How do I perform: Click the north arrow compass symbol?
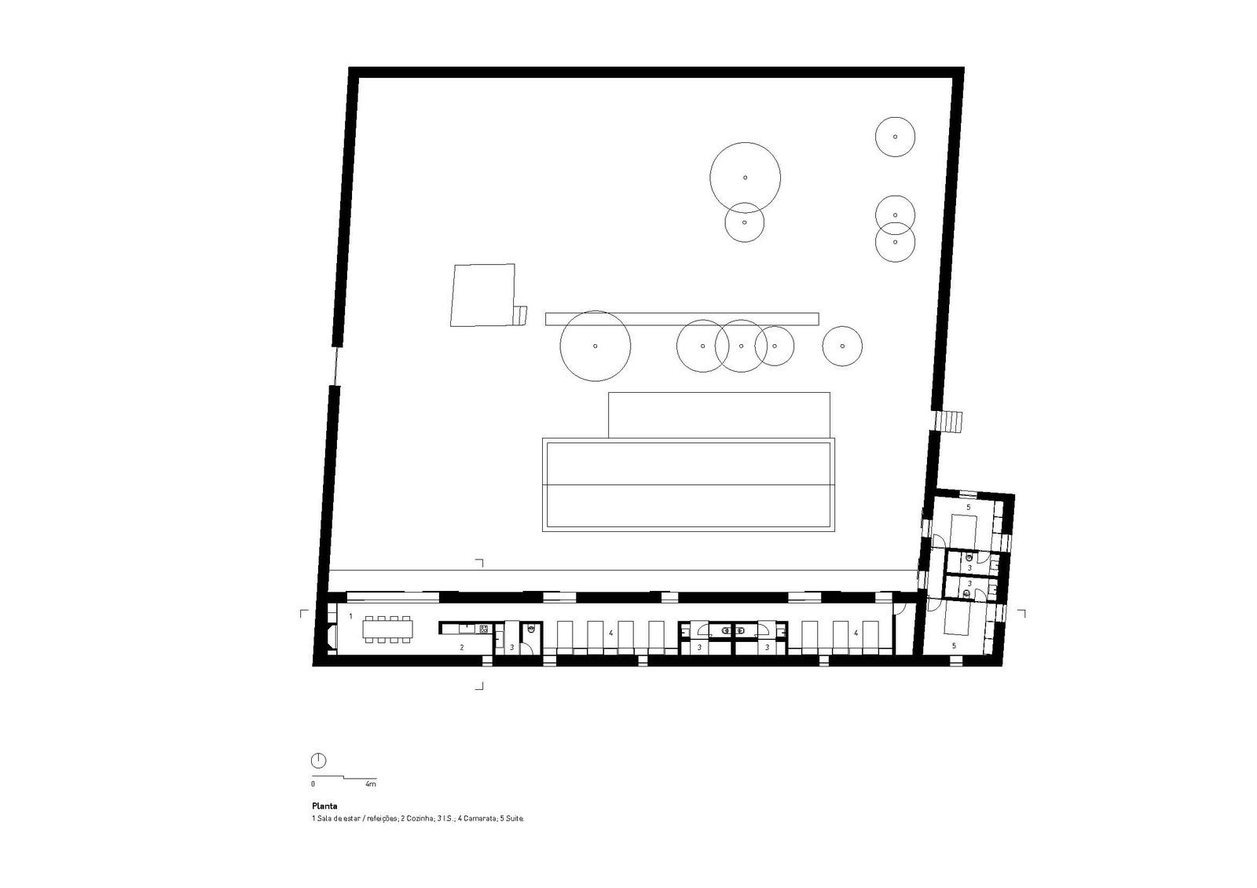coord(318,761)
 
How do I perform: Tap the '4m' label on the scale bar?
coord(370,784)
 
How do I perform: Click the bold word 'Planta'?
coord(325,806)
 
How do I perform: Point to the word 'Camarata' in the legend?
coord(480,819)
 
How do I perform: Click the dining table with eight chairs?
coord(387,629)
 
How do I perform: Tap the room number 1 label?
coord(350,616)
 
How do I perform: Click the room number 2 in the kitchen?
coord(462,648)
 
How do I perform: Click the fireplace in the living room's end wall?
coord(332,635)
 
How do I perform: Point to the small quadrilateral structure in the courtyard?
coord(482,295)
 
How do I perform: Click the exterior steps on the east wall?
coord(947,421)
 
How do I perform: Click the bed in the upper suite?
coord(964,531)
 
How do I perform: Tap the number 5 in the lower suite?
coord(954,646)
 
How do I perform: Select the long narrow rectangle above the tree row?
coord(683,319)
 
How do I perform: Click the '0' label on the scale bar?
coord(313,784)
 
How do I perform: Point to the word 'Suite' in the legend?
coord(515,819)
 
